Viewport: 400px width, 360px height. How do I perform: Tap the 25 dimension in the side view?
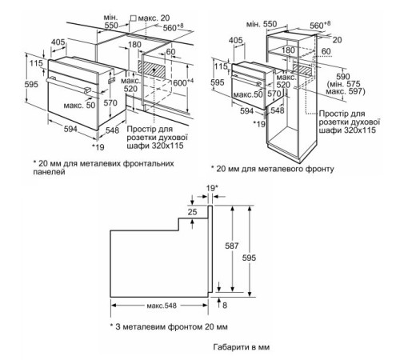[x=192, y=211]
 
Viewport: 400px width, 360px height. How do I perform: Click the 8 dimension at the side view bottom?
[x=226, y=305]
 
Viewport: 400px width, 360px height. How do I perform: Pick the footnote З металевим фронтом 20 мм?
[x=169, y=327]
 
